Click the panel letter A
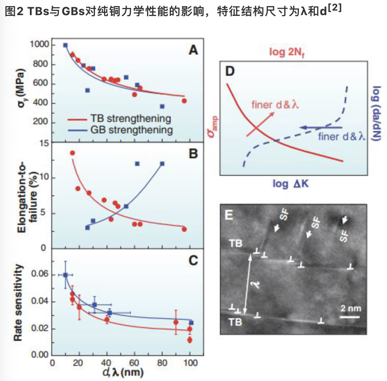tap(193, 50)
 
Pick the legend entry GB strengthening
tap(131, 130)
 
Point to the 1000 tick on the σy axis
tap(39, 45)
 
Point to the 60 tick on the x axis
tap(135, 362)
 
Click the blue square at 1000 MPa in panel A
tap(65, 45)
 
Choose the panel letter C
tap(193, 260)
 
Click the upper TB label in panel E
tap(236, 244)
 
